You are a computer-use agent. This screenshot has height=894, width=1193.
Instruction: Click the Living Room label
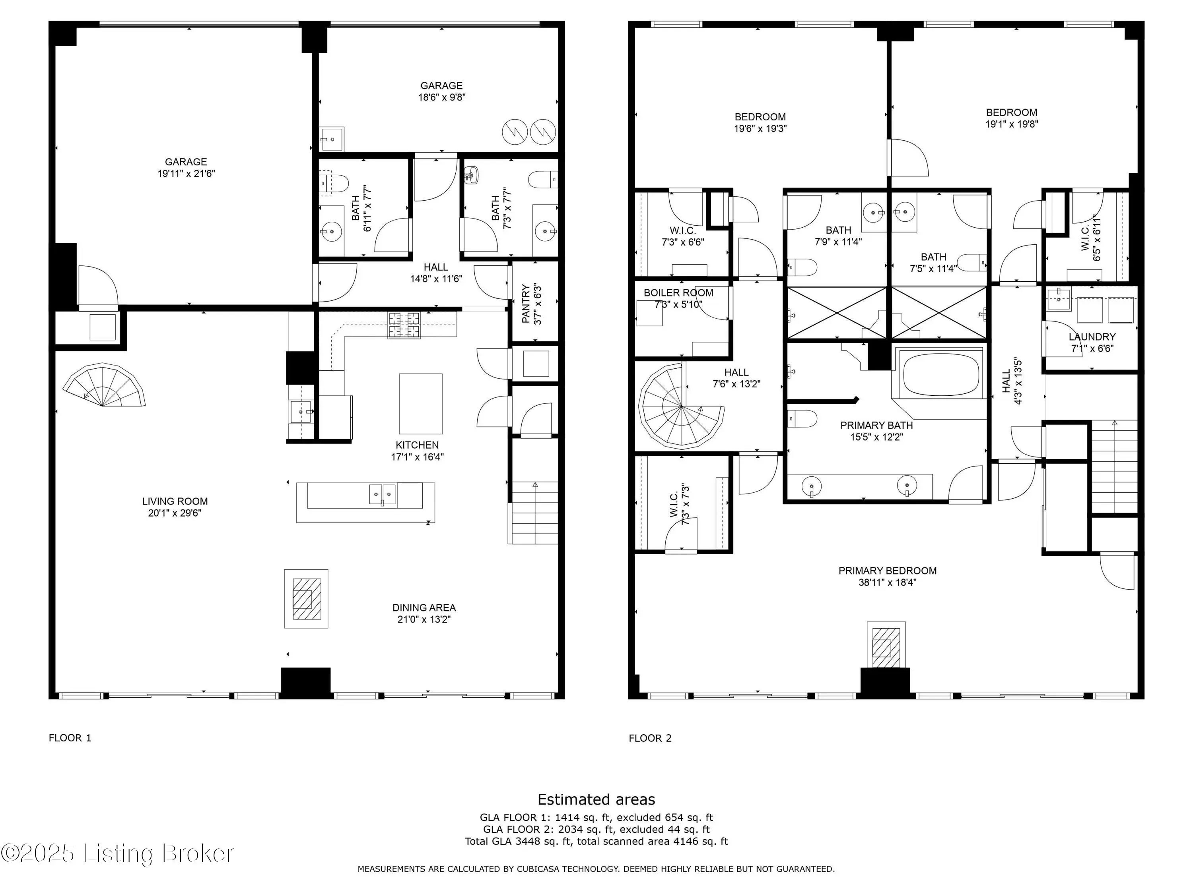click(175, 501)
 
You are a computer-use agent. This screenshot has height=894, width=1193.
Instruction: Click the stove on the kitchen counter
click(403, 325)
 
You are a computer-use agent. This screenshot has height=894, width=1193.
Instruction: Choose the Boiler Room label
click(678, 292)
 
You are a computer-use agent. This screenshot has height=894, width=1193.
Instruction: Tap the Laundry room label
click(1092, 337)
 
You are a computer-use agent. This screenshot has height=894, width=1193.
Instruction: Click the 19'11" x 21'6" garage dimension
click(186, 174)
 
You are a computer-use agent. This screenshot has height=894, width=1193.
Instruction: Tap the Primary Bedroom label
click(887, 571)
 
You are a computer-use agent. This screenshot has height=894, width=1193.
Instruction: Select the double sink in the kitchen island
click(383, 494)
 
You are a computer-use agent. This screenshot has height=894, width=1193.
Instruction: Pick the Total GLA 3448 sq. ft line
click(596, 841)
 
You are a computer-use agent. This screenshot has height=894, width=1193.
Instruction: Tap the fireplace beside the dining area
click(306, 599)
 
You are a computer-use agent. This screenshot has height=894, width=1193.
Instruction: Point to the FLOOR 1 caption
click(70, 738)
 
